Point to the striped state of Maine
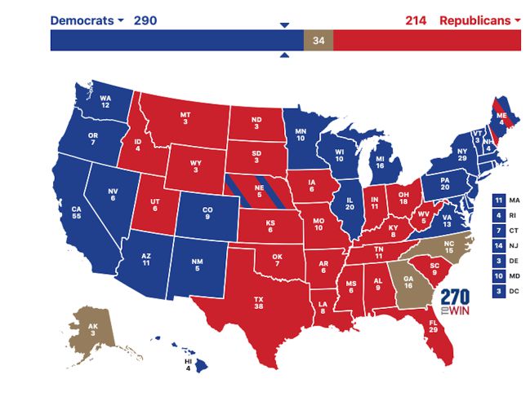pyautogui.click(x=501, y=116)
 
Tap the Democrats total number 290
pyautogui.click(x=145, y=20)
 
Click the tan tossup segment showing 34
pyautogui.click(x=318, y=41)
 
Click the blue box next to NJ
pyautogui.click(x=499, y=245)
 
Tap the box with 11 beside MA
pyautogui.click(x=499, y=200)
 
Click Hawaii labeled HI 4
pyautogui.click(x=193, y=360)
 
